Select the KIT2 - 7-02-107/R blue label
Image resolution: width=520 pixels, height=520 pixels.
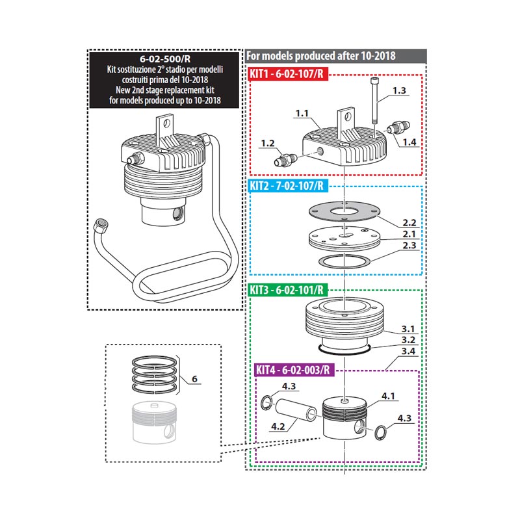[286, 185]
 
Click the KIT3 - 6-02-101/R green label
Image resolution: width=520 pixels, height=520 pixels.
[286, 289]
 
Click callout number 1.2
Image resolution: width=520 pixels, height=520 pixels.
[268, 142]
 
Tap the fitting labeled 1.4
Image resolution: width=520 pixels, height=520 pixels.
[396, 127]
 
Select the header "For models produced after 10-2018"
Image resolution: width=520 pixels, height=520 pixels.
[322, 55]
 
